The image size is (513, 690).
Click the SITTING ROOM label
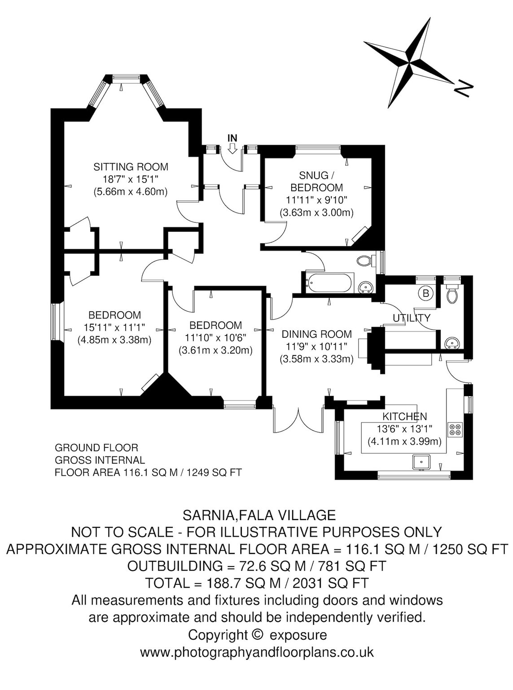coord(131,167)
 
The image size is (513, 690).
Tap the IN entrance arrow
coord(232,150)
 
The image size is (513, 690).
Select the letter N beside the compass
coord(463,89)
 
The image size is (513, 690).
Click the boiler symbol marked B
coord(425,293)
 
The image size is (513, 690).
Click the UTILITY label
coord(412,318)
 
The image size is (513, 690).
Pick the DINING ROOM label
coord(316,334)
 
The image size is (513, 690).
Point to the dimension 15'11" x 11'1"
coord(115,327)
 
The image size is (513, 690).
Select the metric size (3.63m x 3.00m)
coord(316,213)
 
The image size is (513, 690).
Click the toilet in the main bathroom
coord(366,261)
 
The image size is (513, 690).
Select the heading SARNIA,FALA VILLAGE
coord(259,516)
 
